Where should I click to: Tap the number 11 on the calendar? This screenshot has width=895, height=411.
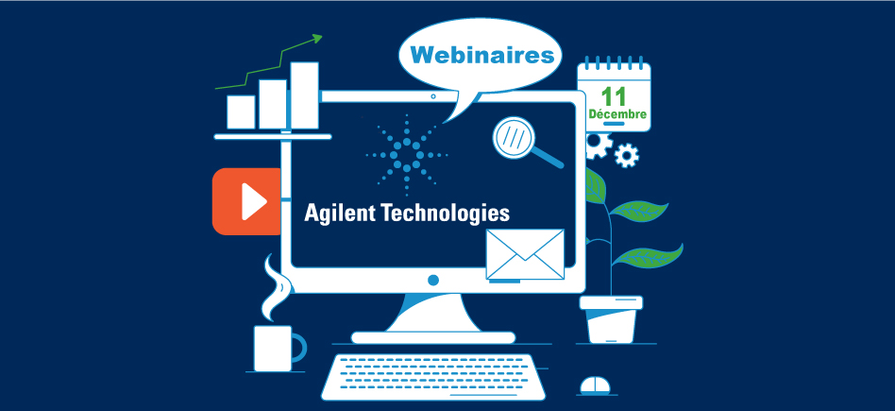click(614, 95)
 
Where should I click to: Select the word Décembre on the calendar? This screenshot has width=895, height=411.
click(617, 115)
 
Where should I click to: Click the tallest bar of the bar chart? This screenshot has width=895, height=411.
click(304, 95)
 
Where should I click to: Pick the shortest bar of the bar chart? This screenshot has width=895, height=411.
click(241, 111)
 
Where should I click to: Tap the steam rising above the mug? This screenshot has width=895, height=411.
click(273, 287)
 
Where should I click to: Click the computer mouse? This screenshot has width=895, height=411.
click(594, 385)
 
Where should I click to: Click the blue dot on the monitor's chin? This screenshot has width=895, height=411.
click(433, 281)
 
